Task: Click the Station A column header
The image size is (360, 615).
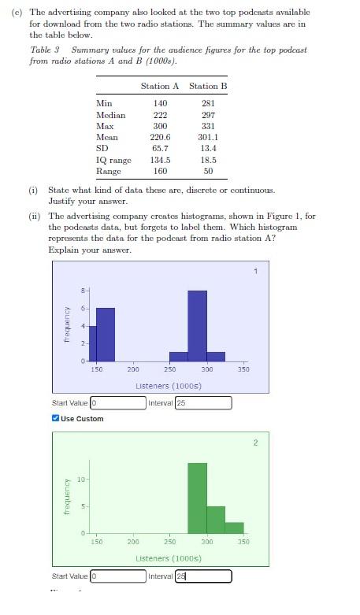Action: tap(160, 86)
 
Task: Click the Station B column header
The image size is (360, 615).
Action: tap(208, 86)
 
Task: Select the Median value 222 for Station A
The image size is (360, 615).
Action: tap(160, 115)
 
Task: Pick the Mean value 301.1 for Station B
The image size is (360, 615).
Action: tap(208, 137)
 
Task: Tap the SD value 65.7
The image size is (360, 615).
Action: tap(160, 148)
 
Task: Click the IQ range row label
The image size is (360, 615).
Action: tap(113, 160)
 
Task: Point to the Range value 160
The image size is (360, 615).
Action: tap(160, 171)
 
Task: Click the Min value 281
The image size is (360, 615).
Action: tap(208, 103)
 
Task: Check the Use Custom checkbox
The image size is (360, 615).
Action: tap(55, 418)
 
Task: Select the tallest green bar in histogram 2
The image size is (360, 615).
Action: tap(197, 498)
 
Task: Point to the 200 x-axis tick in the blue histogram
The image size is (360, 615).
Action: tap(133, 369)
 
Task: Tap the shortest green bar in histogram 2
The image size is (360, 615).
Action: tap(234, 528)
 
